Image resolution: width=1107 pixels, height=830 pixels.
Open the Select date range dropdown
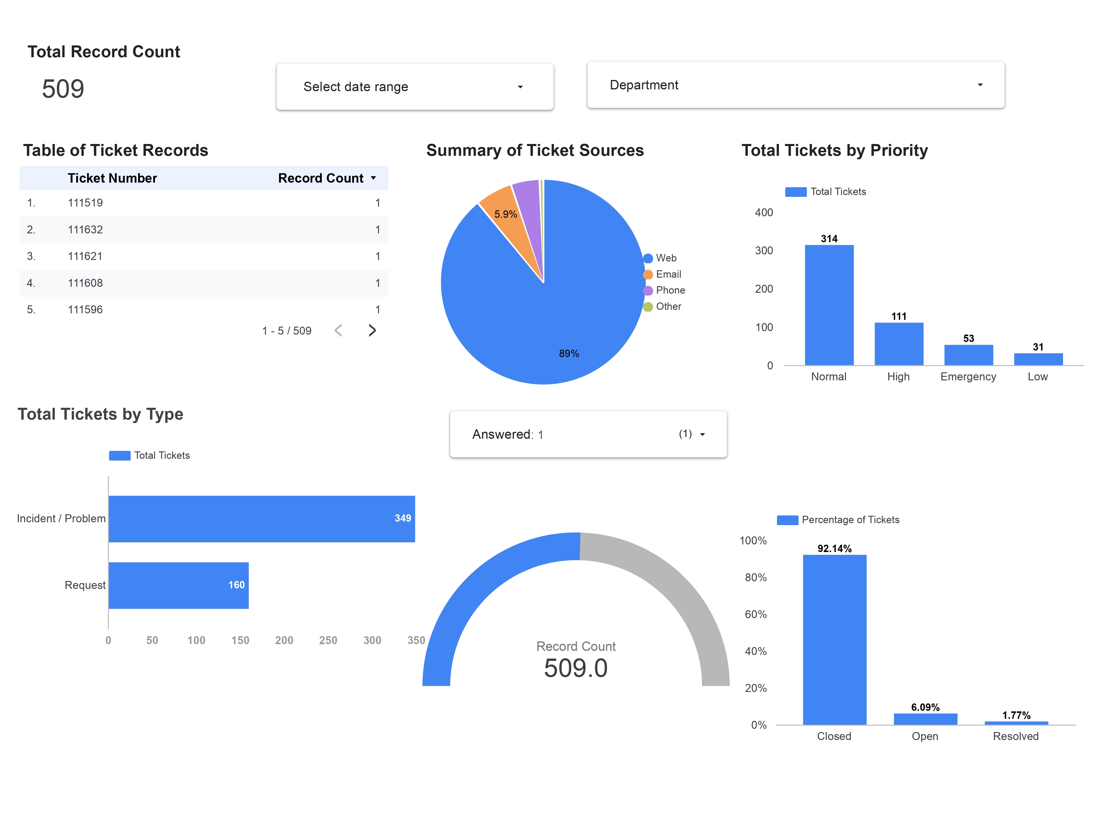coord(414,86)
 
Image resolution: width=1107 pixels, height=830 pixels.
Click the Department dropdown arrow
coord(979,85)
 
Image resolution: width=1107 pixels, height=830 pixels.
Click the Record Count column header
coord(321,178)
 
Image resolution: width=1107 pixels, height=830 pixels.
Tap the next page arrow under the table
coord(372,330)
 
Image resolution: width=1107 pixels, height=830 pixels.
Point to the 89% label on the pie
coord(569,353)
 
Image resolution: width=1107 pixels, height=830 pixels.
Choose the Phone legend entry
coord(670,290)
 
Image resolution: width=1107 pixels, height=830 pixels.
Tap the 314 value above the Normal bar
coord(829,239)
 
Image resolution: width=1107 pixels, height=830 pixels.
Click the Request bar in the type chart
coord(178,585)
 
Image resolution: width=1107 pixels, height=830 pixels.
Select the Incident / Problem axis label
coord(61,518)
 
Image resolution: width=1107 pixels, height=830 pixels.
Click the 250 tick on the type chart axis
coord(328,640)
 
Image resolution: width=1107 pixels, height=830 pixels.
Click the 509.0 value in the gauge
coord(576,668)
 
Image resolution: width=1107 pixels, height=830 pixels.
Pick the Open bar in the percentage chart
coord(925,719)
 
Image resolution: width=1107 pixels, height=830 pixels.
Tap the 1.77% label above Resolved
coord(1015,715)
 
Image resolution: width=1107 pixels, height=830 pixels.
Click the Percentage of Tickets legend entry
coord(850,520)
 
